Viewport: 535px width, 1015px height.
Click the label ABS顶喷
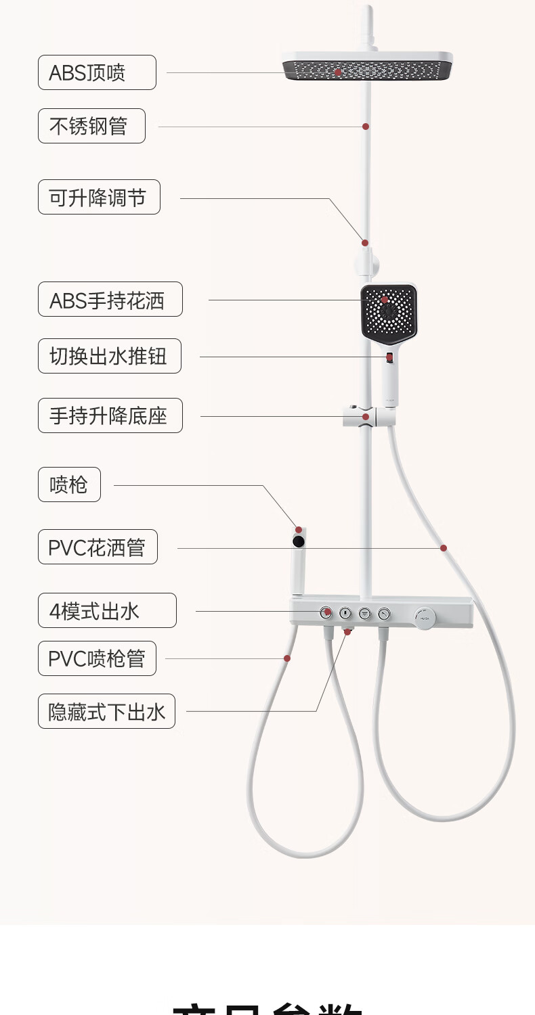click(x=97, y=72)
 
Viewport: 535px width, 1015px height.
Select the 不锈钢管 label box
click(x=91, y=126)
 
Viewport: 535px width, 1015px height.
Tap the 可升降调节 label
click(x=99, y=197)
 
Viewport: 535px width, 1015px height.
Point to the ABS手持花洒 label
click(x=110, y=299)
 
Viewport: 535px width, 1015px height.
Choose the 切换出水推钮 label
click(x=109, y=356)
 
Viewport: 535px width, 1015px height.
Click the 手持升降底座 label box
click(x=110, y=415)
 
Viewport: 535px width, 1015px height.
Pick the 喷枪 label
click(x=69, y=484)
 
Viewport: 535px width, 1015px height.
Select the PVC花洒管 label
click(x=98, y=547)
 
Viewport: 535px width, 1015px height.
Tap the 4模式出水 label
click(x=107, y=610)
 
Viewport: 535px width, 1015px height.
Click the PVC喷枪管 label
click(x=97, y=658)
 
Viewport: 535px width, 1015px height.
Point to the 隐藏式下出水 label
click(x=106, y=711)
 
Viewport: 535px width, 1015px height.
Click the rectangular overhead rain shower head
click(x=368, y=66)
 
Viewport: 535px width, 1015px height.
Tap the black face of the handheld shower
click(x=388, y=311)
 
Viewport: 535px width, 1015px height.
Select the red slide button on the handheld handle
click(x=390, y=357)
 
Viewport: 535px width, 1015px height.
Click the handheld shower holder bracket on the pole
click(x=366, y=417)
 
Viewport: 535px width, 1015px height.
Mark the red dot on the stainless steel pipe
click(x=366, y=126)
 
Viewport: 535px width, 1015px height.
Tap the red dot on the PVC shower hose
click(x=444, y=547)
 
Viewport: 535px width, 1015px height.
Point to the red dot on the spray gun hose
click(x=287, y=658)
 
